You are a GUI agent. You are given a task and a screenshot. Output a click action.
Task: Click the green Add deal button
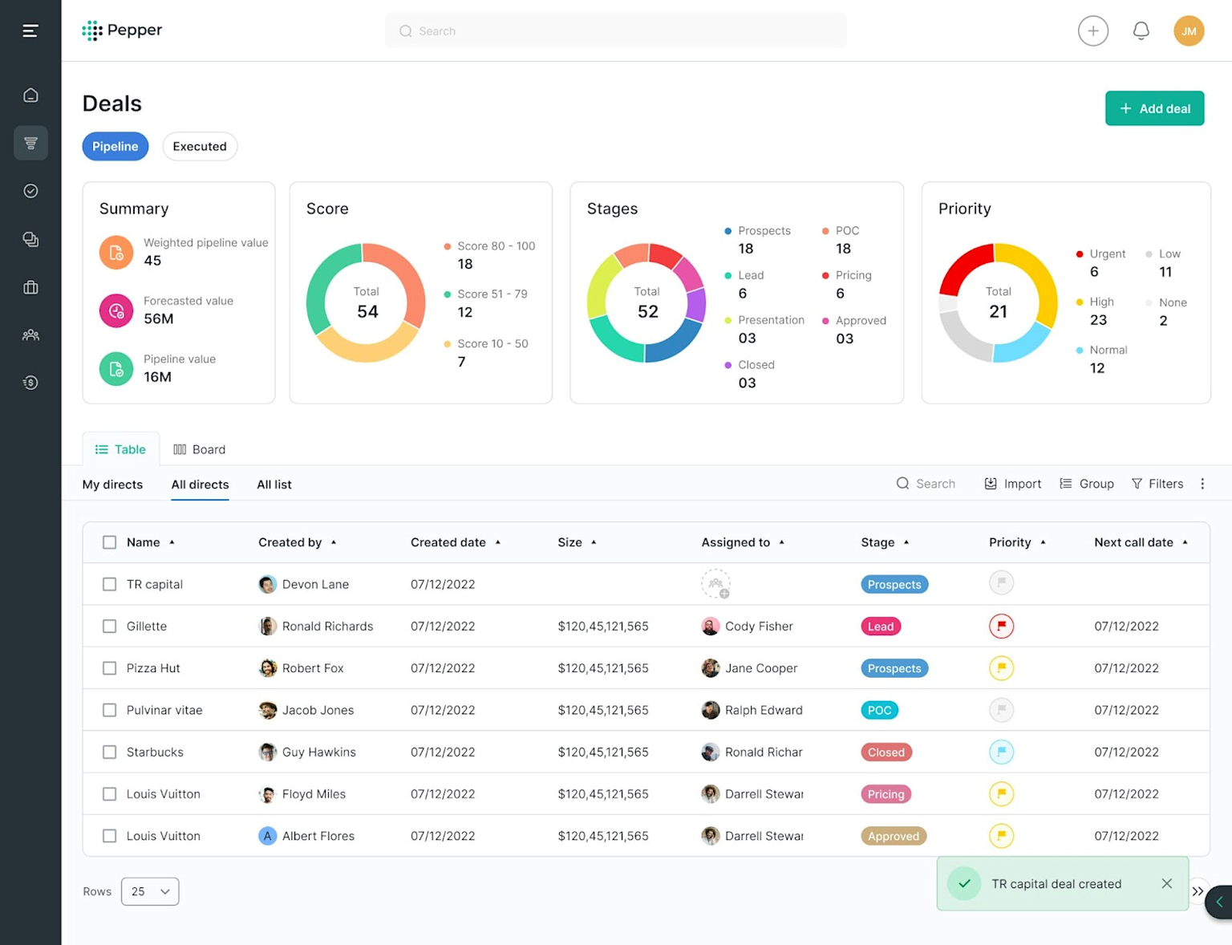(1154, 108)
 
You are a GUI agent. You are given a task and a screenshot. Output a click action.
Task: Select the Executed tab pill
(200, 146)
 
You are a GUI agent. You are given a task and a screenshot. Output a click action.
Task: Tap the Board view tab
(200, 449)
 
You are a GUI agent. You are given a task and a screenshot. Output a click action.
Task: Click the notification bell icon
(1141, 30)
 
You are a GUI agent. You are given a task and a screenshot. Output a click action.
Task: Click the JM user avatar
(1189, 31)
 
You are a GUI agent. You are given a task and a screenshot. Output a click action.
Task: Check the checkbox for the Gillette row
(110, 627)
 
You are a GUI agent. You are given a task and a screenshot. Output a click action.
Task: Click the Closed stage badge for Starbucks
(885, 752)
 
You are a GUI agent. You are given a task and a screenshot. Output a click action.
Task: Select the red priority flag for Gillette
(1001, 627)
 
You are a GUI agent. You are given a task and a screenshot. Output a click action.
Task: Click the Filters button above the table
(1157, 484)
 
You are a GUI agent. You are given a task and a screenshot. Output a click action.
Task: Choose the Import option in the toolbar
(1013, 484)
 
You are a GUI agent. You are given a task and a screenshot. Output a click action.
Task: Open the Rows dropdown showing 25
(150, 891)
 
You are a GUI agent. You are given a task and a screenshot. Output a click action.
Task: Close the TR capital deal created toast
(1166, 883)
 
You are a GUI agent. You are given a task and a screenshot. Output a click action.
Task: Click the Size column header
(570, 542)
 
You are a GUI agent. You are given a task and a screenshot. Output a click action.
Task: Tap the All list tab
(274, 485)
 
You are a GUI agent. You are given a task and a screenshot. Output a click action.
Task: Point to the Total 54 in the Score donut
(367, 304)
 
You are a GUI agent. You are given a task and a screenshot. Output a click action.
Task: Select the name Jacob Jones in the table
(318, 710)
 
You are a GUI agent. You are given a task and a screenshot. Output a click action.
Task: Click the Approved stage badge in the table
(893, 836)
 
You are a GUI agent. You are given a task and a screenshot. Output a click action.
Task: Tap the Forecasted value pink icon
(116, 311)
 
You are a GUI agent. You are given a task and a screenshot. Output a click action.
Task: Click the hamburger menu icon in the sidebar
(30, 30)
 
